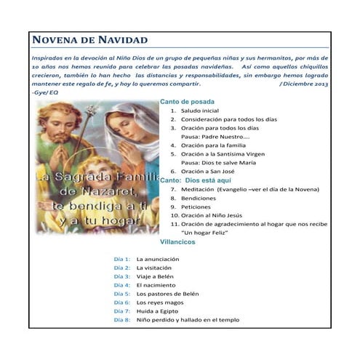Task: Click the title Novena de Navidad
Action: point(90,40)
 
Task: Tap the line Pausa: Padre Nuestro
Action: point(215,136)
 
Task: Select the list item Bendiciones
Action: point(199,197)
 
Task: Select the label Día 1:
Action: point(122,259)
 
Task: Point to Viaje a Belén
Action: point(156,276)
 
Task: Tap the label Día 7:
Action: point(122,311)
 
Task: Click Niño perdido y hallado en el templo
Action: point(188,319)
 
